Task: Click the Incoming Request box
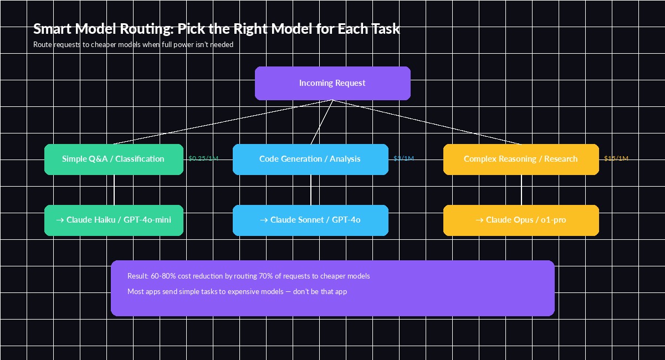[x=332, y=83]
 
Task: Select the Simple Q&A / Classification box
[x=114, y=159]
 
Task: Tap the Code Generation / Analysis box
[x=310, y=159]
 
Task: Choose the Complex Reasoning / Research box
[x=521, y=159]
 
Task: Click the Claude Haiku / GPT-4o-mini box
[x=114, y=220]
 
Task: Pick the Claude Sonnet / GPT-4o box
[x=310, y=220]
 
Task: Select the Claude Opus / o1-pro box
[x=521, y=220]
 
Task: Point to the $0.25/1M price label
[x=203, y=158]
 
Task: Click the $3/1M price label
[x=403, y=158]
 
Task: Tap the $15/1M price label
[x=616, y=158]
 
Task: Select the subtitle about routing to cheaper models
[x=133, y=44]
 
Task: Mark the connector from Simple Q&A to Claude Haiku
[x=114, y=190]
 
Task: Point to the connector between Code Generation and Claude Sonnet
[x=311, y=190]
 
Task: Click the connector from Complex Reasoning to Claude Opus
[x=521, y=190]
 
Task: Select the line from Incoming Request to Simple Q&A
[x=222, y=122]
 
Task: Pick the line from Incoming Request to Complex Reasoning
[x=427, y=122]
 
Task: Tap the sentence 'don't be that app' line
[x=237, y=291]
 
